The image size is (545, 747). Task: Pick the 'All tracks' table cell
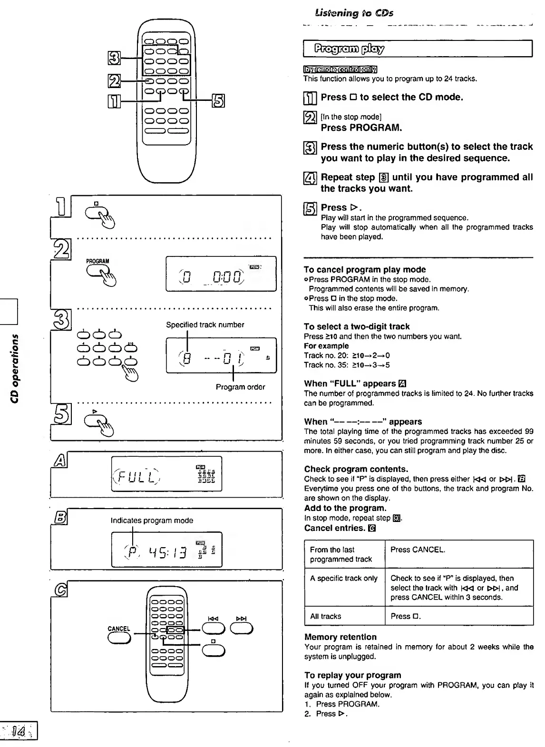[x=326, y=617]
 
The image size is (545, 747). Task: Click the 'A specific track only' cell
[x=344, y=579]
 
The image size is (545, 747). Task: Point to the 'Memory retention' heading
[x=341, y=637]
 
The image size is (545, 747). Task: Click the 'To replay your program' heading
[x=353, y=675]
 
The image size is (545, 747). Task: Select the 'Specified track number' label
[x=205, y=325]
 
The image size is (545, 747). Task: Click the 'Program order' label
[x=240, y=387]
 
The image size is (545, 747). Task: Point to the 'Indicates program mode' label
[x=152, y=521]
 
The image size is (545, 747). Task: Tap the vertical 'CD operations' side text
[x=15, y=361]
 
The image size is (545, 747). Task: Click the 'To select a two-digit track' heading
[x=357, y=326]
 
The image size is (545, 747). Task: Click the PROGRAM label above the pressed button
[x=97, y=261]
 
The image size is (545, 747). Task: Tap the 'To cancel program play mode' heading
[x=365, y=269]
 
